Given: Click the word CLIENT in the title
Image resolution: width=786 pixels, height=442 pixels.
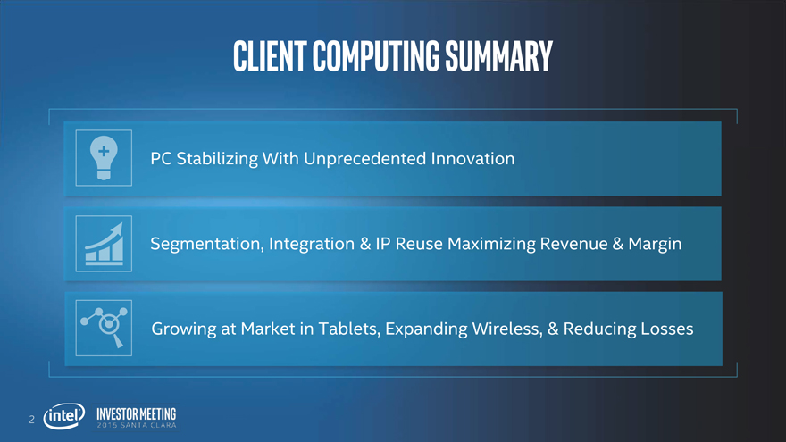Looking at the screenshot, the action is (270, 55).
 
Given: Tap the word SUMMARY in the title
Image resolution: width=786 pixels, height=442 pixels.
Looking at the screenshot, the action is (498, 55).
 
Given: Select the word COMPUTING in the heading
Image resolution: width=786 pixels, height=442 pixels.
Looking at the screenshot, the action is (376, 55).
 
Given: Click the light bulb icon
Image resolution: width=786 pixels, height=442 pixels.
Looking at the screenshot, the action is (104, 158).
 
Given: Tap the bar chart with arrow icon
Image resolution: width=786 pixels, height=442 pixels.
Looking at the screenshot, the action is (104, 244).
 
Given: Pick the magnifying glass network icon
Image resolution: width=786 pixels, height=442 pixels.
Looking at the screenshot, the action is (104, 328).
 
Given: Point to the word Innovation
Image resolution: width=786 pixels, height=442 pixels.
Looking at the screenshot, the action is (472, 158).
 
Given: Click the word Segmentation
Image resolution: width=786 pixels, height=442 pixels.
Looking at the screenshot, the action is (207, 244).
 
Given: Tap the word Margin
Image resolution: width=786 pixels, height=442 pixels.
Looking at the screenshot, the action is (655, 244).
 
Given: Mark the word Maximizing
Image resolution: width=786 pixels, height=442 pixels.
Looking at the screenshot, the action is (491, 244).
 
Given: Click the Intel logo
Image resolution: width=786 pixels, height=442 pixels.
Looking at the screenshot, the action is (64, 416).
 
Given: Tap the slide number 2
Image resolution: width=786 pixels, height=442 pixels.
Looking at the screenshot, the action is (31, 420).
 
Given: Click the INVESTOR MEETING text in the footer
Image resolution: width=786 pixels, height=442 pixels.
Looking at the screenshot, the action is (137, 414).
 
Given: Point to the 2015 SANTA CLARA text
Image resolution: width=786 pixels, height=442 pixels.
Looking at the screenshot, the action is (137, 425).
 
